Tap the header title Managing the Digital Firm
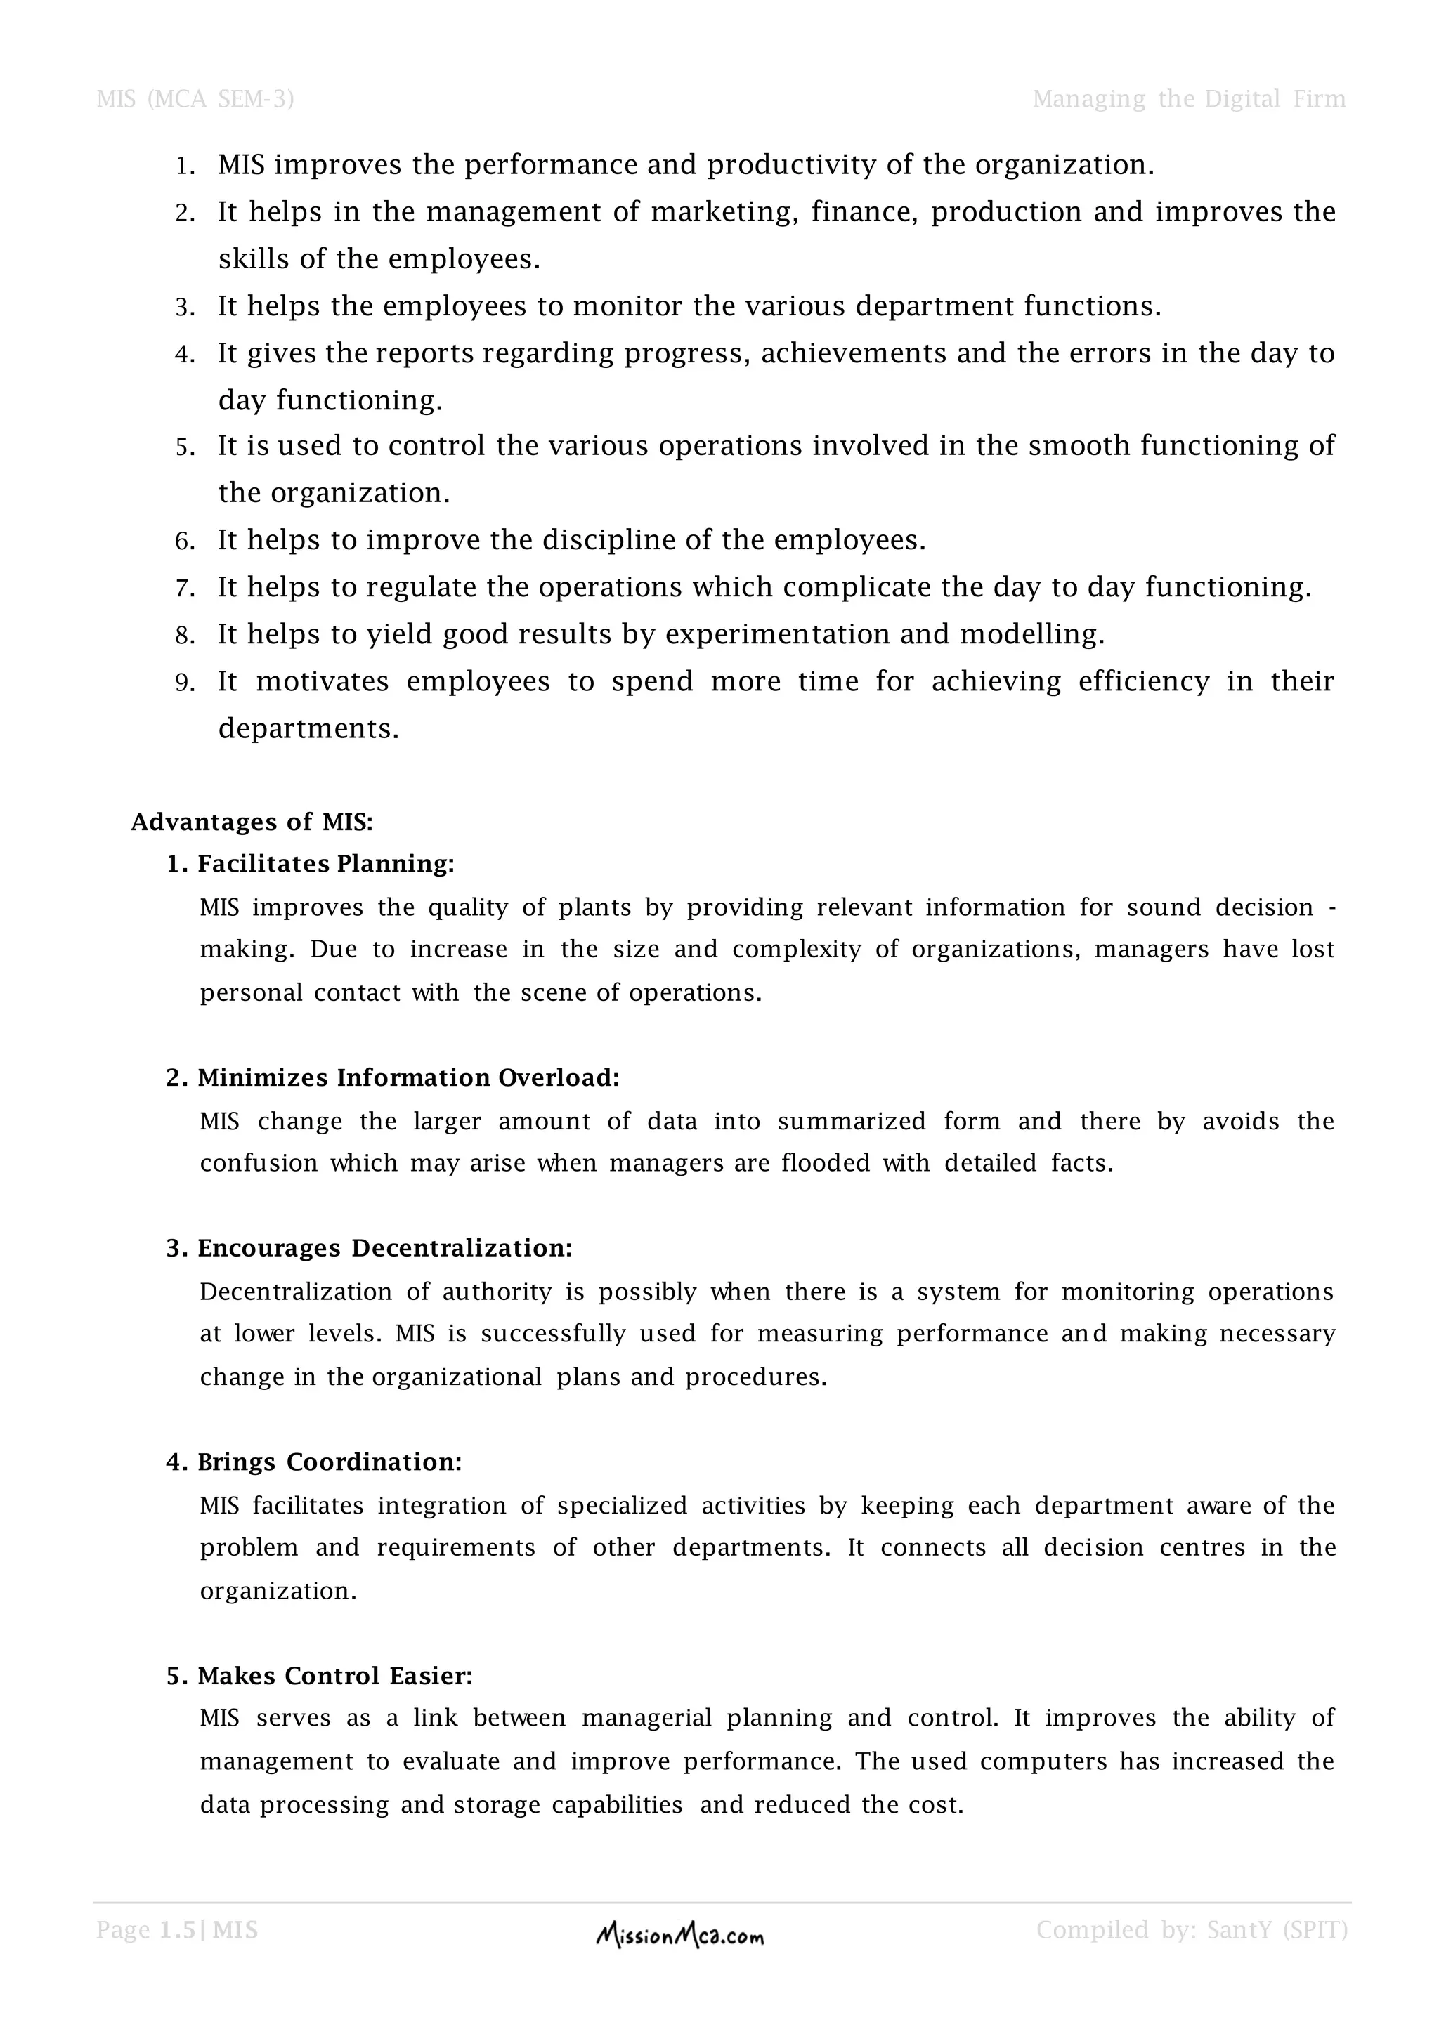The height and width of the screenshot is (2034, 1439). click(1188, 98)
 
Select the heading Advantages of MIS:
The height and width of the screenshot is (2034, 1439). click(252, 822)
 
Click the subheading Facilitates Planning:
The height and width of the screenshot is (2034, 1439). click(325, 864)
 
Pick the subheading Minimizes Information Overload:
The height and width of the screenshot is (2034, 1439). click(408, 1077)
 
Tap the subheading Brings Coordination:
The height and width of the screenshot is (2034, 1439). click(329, 1462)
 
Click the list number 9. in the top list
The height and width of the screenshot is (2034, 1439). click(185, 683)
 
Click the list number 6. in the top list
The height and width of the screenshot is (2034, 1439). click(185, 542)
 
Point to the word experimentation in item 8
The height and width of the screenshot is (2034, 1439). click(777, 634)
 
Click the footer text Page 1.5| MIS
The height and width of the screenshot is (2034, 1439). click(177, 1929)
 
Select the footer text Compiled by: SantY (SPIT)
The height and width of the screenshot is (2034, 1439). click(1191, 1929)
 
